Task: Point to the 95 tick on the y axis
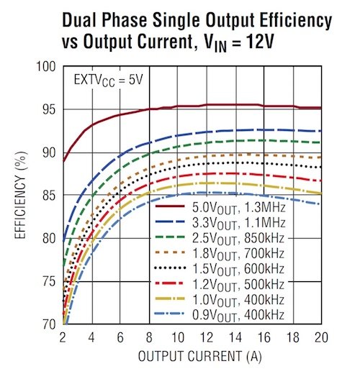tap(48, 110)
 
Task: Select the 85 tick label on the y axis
tap(48, 196)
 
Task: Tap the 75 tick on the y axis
tap(48, 281)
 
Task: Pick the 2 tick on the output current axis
tap(63, 337)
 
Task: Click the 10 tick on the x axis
tap(177, 337)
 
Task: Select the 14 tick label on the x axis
tap(234, 337)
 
